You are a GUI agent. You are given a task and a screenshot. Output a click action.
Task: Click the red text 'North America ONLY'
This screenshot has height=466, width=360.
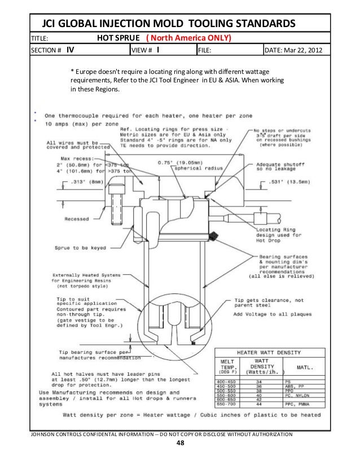click(191, 38)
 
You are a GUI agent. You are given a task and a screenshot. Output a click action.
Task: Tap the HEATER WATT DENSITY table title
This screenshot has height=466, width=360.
click(269, 350)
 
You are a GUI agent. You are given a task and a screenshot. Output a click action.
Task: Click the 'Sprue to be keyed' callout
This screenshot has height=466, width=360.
click(77, 248)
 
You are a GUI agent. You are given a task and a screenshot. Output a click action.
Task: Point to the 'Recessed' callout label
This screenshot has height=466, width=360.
click(77, 219)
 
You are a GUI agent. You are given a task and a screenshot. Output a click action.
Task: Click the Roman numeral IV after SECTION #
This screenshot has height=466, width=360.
click(70, 50)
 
